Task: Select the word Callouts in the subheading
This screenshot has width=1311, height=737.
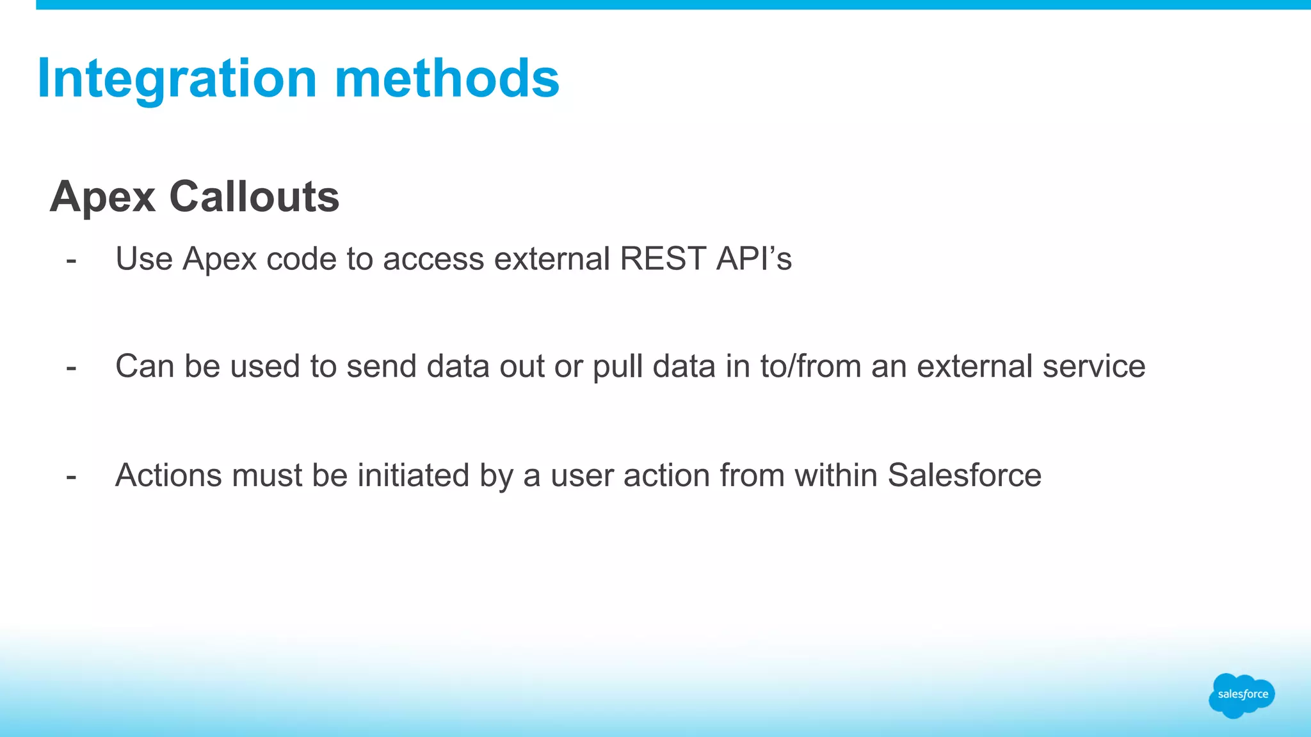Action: coord(254,196)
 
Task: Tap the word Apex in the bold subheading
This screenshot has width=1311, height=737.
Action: coord(102,198)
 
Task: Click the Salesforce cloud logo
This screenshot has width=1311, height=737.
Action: coord(1241,695)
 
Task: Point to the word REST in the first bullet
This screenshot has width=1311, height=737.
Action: coord(663,259)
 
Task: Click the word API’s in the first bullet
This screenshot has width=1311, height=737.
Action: coord(754,259)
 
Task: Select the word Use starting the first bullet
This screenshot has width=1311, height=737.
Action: coord(144,259)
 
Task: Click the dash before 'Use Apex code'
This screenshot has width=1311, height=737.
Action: coord(71,260)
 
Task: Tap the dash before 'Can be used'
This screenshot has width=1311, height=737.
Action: coord(71,368)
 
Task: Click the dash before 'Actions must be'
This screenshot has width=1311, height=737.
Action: coord(71,477)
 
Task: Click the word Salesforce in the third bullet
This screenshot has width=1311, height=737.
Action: coord(964,475)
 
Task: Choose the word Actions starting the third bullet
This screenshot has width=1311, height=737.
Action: coord(168,475)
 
